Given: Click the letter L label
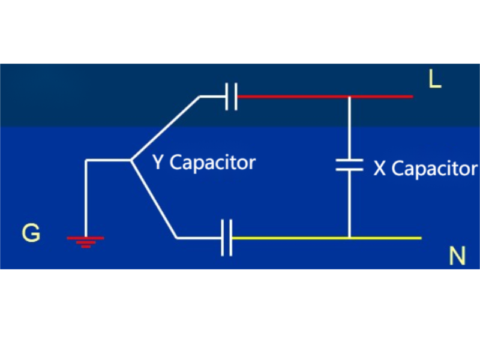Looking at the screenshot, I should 435,79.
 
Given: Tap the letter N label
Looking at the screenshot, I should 457,257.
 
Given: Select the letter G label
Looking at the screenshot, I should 31,233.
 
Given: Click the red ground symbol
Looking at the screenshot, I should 85,241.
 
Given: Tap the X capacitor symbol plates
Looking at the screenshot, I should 349,165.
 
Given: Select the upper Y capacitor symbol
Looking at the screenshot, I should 231,96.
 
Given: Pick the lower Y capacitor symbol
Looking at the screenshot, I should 227,238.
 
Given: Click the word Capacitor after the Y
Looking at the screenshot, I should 212,163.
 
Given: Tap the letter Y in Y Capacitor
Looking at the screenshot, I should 158,162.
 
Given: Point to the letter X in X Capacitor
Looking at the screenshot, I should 379,169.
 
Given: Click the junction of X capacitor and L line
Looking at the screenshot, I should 349,96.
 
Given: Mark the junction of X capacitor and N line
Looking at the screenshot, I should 349,238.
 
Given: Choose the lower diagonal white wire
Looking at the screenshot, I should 154,199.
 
